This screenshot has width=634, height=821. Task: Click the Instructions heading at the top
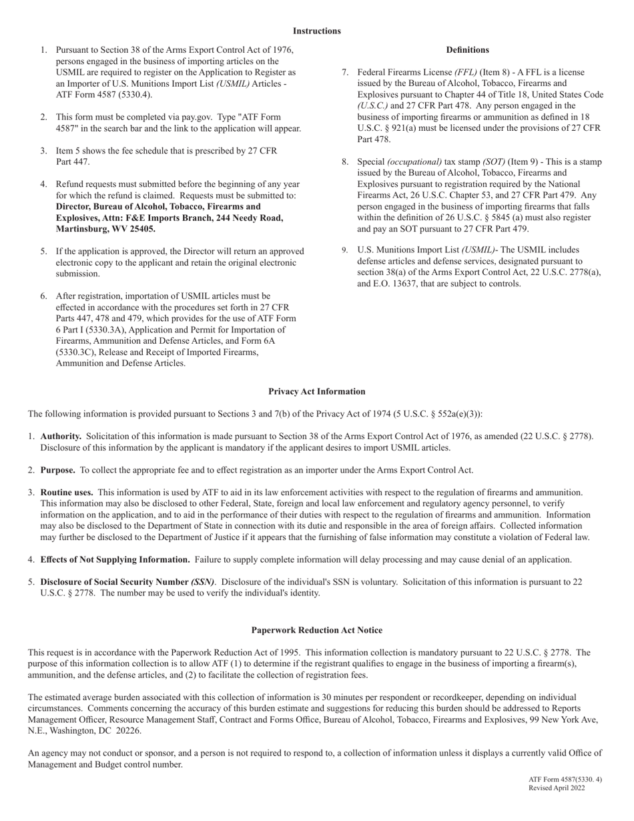pos(316,31)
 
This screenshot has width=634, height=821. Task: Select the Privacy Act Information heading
pos(316,392)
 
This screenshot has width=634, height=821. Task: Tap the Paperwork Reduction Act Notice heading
pos(316,630)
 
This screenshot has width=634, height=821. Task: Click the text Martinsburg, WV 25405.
pos(105,229)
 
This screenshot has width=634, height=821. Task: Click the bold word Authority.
pos(61,437)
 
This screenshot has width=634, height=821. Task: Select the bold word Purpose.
pos(57,470)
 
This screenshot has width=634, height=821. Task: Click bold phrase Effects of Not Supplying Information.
pos(115,559)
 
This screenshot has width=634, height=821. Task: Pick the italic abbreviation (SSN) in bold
pos(203,582)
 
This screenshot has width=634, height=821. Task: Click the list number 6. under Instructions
pos(43,296)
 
